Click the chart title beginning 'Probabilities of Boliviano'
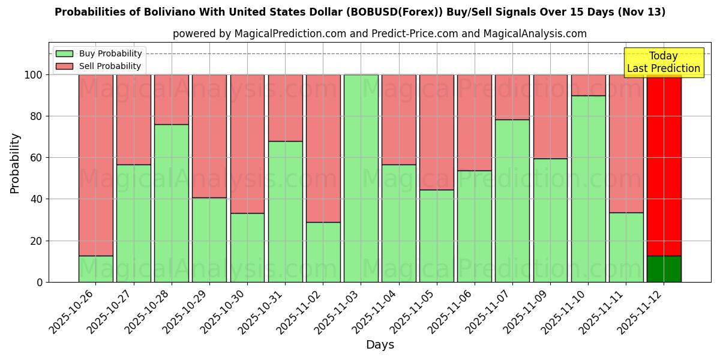[x=360, y=12]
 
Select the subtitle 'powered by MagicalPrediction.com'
[x=379, y=34]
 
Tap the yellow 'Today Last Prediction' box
[x=663, y=62]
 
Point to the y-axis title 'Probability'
[x=15, y=163]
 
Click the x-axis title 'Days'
[x=380, y=345]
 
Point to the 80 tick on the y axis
[x=37, y=116]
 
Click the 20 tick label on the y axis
[x=37, y=241]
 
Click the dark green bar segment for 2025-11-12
[x=664, y=269]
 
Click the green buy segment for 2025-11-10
[x=588, y=189]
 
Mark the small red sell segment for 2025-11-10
[x=588, y=85]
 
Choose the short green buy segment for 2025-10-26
[x=95, y=269]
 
